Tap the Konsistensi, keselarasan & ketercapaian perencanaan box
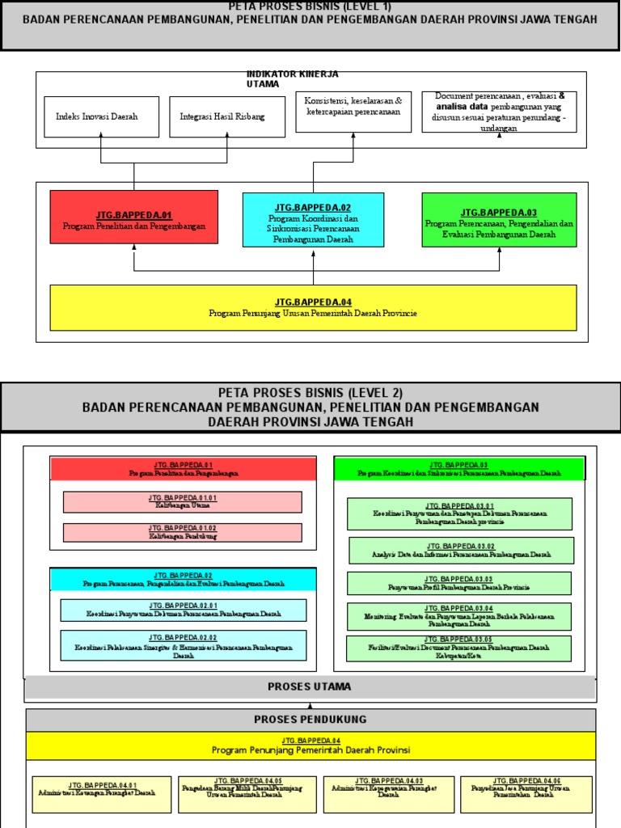point(353,107)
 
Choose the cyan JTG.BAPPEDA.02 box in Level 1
point(313,219)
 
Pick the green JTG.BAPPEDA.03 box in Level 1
point(499,219)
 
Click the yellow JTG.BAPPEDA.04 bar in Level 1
point(313,307)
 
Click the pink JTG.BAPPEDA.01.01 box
point(183,502)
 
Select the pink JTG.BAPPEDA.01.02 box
point(183,532)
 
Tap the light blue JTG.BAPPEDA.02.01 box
point(184,610)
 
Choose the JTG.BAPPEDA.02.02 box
point(184,646)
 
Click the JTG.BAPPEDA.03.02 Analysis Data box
point(462,551)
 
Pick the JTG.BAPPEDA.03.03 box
point(459,583)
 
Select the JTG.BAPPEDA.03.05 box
point(459,648)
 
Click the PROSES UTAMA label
point(310,687)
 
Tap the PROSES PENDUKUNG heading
point(310,720)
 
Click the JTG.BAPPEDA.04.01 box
point(102,794)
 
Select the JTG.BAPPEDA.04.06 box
point(526,794)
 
